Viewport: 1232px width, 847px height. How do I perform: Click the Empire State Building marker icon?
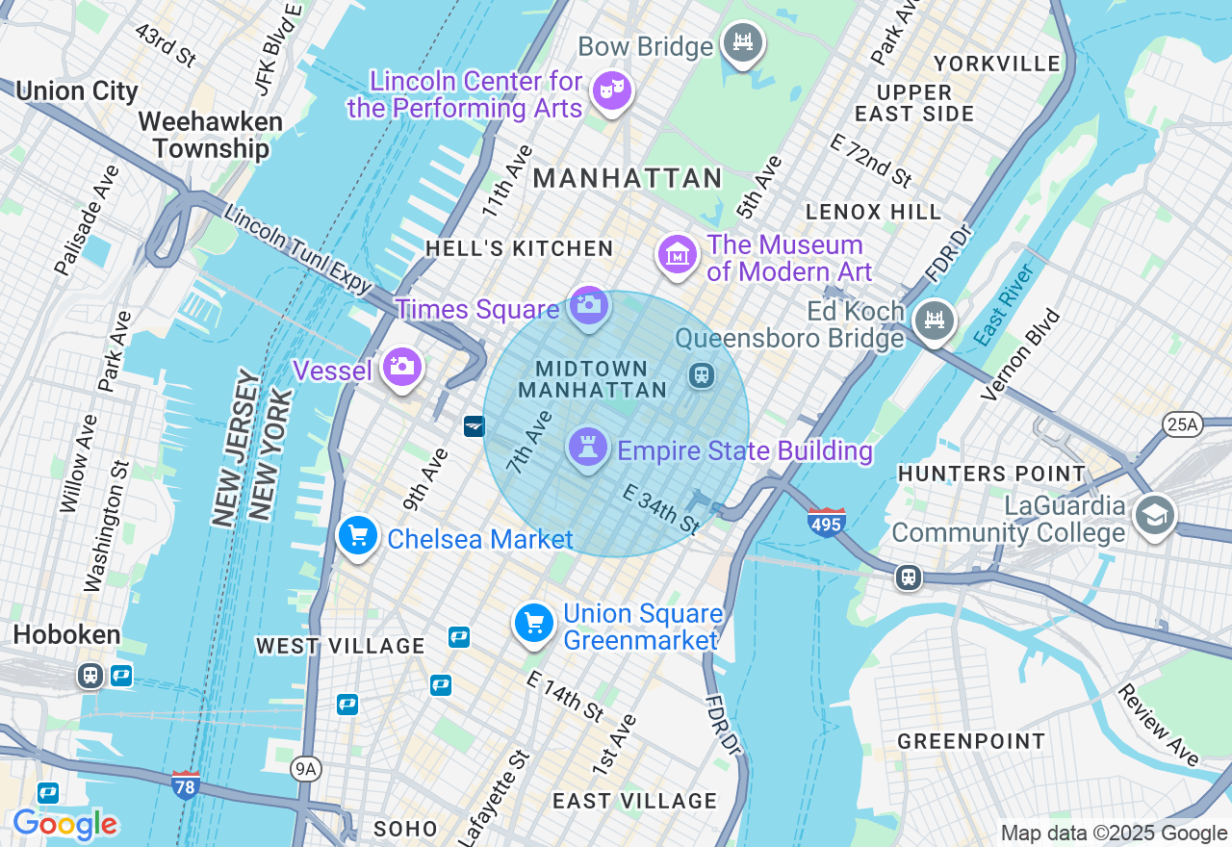point(588,447)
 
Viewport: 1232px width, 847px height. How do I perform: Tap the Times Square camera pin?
point(589,306)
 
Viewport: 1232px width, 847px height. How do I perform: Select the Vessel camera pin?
point(401,367)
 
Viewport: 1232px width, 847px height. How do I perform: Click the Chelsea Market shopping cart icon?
point(358,535)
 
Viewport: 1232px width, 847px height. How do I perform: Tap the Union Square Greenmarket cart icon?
point(534,623)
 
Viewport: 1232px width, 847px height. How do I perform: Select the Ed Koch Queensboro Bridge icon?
point(934,320)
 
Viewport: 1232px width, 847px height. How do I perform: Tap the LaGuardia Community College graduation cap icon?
point(1153,515)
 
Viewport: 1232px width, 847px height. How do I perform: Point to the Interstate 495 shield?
point(827,522)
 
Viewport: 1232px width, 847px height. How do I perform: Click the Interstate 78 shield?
point(186,784)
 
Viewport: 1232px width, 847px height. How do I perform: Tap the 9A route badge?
point(305,767)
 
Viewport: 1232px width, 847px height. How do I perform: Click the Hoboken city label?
point(67,635)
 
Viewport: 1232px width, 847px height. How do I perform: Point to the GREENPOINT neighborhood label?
point(971,741)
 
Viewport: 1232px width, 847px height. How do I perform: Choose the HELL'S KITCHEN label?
point(520,248)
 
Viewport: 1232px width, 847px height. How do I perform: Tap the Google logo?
point(64,824)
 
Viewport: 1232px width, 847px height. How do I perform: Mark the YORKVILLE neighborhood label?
point(997,64)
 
